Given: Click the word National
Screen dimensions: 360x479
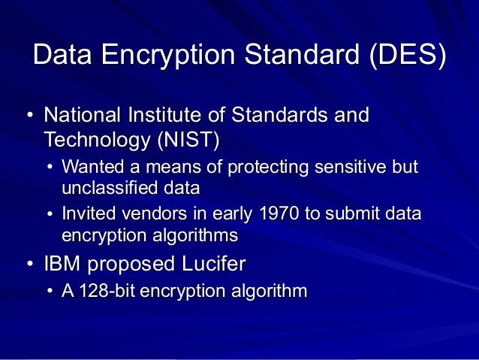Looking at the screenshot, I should tap(86, 116).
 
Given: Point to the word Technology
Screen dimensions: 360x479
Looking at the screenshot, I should tap(96, 140).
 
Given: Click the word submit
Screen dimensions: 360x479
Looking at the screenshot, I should tap(351, 213).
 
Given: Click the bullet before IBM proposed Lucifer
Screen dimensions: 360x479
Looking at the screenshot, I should tap(29, 265).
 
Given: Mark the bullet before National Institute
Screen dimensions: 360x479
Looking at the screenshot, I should tap(29, 117).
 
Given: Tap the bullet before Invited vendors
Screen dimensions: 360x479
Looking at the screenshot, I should tap(50, 214).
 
